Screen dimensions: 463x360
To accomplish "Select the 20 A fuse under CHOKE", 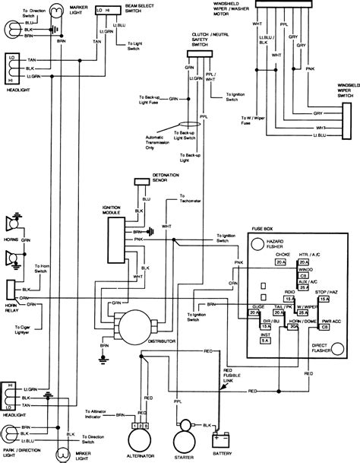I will point(280,262).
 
